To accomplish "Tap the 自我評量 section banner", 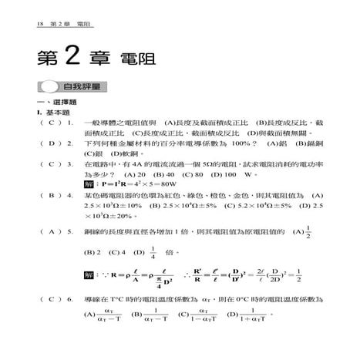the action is (x=84, y=87).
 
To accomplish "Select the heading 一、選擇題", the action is (x=41, y=102).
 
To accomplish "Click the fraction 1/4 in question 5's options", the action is (x=153, y=252).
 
